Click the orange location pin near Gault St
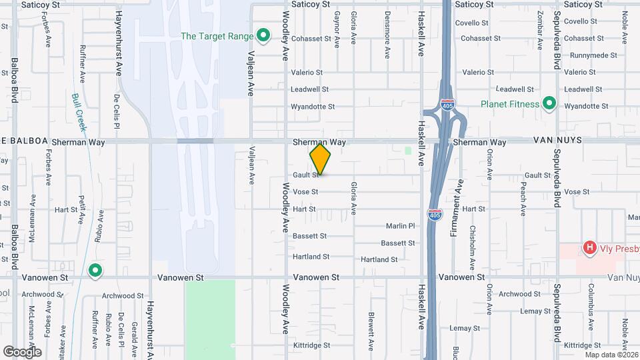tap(320, 159)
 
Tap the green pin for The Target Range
tap(263, 35)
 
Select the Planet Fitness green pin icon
tap(549, 103)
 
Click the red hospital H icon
tap(589, 248)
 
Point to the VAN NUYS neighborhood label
tap(557, 141)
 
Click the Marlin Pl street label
tap(400, 226)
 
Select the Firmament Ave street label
tap(459, 198)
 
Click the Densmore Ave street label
tap(387, 35)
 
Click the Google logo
tap(22, 351)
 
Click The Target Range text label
tap(217, 35)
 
